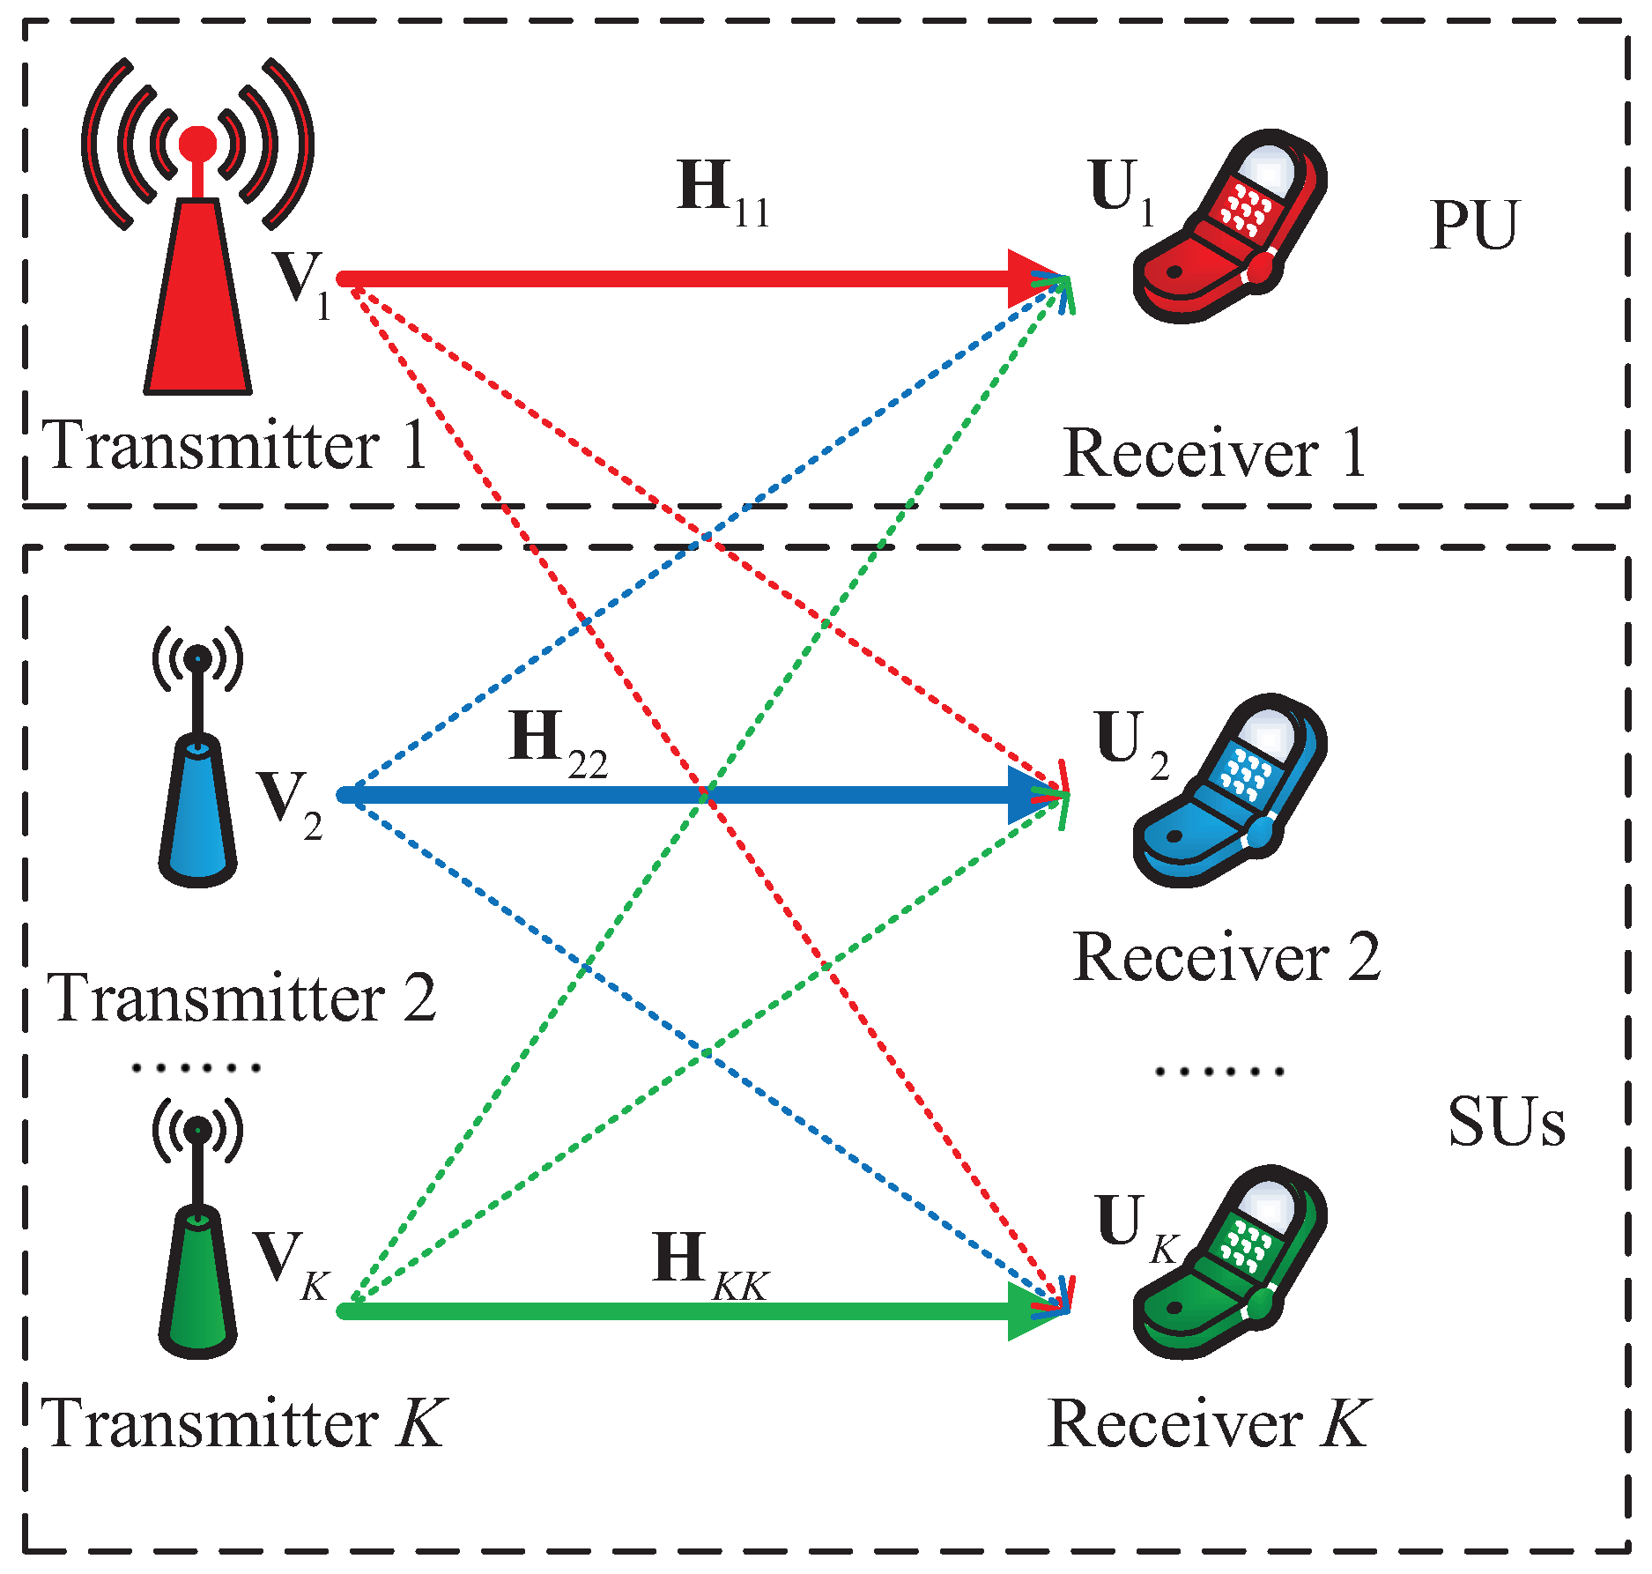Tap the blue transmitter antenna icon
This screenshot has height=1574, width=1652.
point(197,793)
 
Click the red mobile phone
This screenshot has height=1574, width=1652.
point(1229,229)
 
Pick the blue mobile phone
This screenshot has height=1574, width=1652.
point(1229,793)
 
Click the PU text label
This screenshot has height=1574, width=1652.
point(1473,226)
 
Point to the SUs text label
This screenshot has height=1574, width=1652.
point(1507,1123)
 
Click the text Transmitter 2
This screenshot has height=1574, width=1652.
point(241,999)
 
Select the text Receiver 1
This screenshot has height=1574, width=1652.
point(1214,453)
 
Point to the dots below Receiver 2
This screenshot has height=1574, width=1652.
point(1219,1072)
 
